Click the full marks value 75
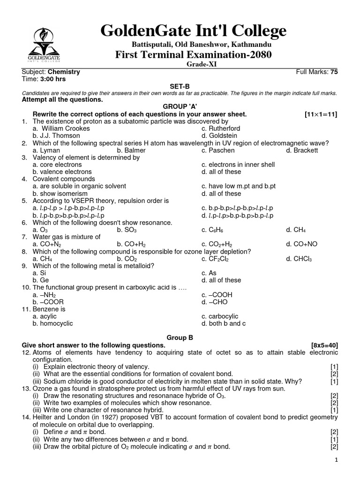click(334, 72)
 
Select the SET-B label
click(180, 86)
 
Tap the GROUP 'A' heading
click(180, 107)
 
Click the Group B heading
click(180, 337)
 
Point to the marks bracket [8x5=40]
click(324, 345)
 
